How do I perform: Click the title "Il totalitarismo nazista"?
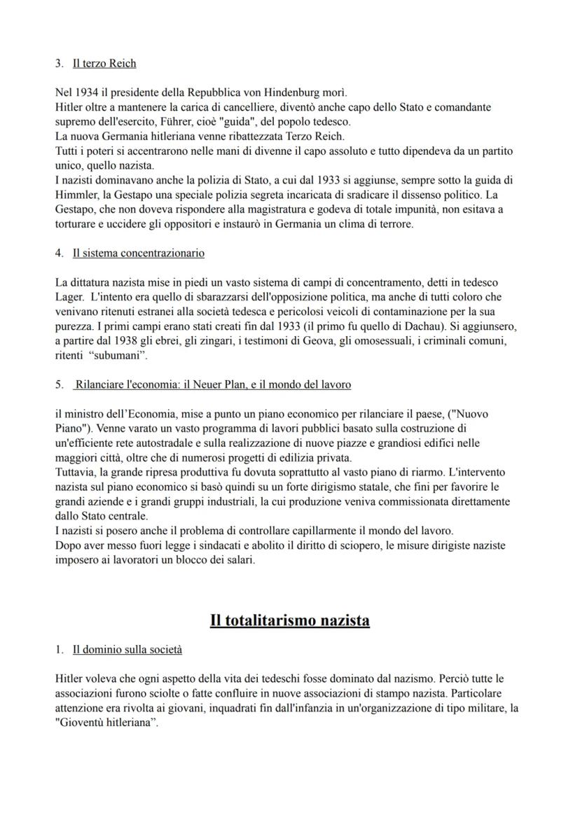tap(290, 620)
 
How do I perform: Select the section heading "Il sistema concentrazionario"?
tap(139, 252)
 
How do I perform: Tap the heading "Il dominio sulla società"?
tap(127, 650)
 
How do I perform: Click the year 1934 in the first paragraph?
tap(85, 92)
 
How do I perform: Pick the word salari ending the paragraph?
tap(238, 558)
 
